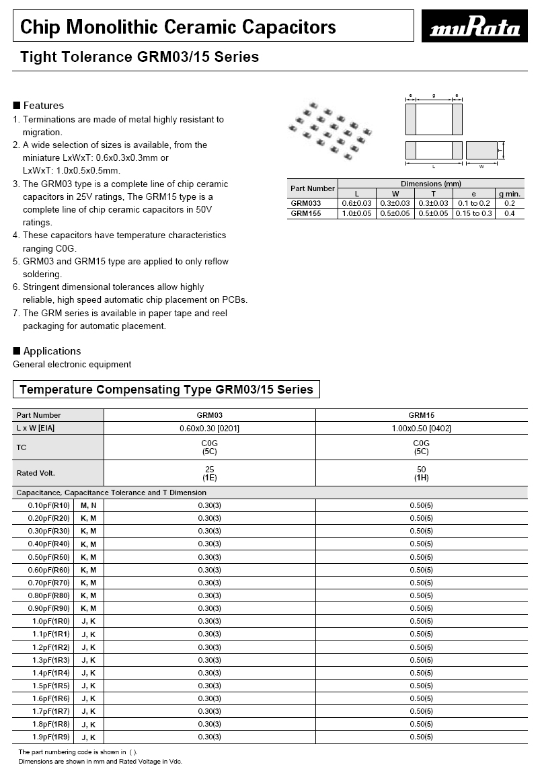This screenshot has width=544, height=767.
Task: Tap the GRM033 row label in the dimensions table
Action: [x=306, y=203]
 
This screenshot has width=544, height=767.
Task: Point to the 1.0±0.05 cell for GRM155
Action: [x=357, y=213]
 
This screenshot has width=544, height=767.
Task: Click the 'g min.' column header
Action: [x=509, y=194]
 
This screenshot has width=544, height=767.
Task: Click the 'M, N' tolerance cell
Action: [x=89, y=505]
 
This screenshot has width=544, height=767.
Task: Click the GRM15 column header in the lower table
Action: [x=421, y=415]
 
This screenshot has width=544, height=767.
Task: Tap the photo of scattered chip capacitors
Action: [x=330, y=131]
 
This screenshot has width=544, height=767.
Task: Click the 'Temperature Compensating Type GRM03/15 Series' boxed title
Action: [x=166, y=390]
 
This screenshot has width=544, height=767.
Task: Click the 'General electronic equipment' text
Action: [x=72, y=365]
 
